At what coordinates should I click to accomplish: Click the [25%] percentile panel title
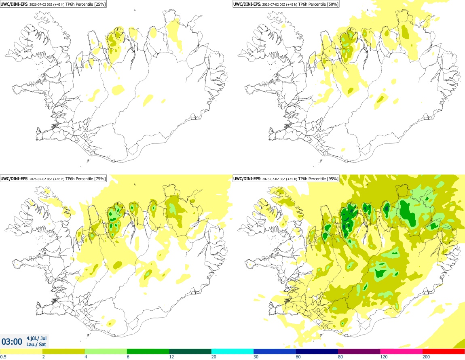click(x=53, y=4)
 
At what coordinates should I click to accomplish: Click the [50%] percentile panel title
click(x=286, y=4)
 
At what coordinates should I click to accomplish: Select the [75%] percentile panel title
click(x=53, y=179)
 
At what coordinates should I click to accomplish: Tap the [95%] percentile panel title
click(x=286, y=179)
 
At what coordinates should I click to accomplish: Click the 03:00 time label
click(x=12, y=342)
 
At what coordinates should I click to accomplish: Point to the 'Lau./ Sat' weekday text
click(x=36, y=344)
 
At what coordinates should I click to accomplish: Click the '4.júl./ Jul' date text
click(x=36, y=338)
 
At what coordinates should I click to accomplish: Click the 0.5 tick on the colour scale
click(x=3, y=357)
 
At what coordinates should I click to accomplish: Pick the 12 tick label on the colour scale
click(x=171, y=357)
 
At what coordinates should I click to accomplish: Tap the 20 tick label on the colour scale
click(x=213, y=357)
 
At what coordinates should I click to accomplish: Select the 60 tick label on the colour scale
click(x=298, y=357)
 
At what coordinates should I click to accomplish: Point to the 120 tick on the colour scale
click(x=384, y=357)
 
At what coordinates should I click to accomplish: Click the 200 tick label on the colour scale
click(x=426, y=357)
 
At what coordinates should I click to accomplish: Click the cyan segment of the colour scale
click(x=232, y=352)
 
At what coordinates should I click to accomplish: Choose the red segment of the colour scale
click(x=444, y=352)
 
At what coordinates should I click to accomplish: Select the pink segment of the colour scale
click(x=402, y=352)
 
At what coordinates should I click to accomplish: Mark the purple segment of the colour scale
click(x=359, y=352)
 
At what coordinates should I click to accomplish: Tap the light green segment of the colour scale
click(x=106, y=352)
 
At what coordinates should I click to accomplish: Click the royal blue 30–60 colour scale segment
click(x=275, y=352)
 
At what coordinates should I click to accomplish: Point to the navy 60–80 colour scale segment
click(x=317, y=352)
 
